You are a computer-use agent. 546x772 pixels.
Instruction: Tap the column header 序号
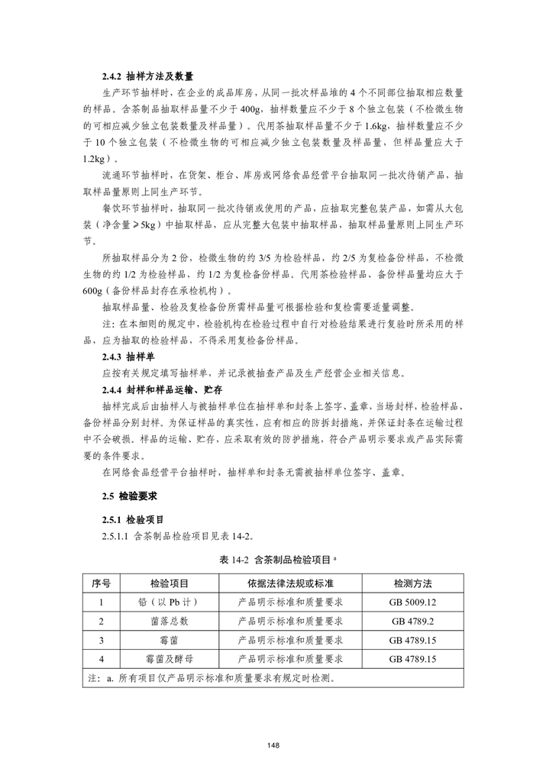click(101, 583)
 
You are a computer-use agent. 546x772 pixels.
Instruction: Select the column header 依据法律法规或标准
click(290, 583)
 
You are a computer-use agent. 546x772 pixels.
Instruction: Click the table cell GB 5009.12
click(412, 602)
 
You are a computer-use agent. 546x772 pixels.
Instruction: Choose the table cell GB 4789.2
click(412, 621)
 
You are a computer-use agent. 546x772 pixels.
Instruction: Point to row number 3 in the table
click(101, 640)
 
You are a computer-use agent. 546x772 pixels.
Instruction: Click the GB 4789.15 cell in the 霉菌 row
click(412, 640)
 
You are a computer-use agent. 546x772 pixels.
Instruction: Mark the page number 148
click(273, 745)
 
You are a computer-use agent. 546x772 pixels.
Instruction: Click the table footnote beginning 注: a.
click(211, 677)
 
